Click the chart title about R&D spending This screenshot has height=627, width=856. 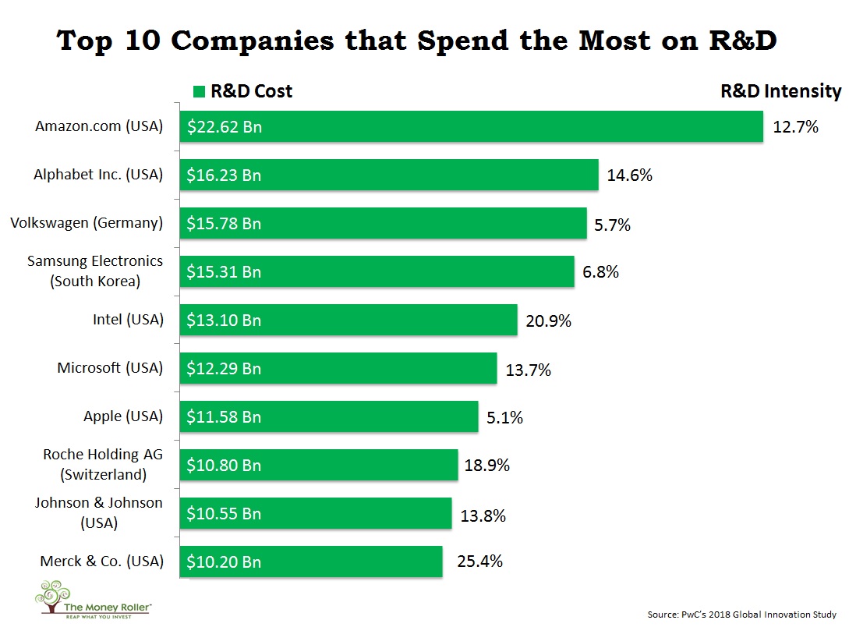[417, 41]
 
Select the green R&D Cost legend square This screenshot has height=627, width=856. [199, 92]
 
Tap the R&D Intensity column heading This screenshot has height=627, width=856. [780, 91]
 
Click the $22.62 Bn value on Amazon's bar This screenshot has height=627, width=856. [225, 127]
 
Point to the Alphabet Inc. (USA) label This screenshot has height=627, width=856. [98, 175]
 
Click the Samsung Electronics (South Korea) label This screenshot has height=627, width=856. [95, 271]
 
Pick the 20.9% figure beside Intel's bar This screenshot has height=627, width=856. [549, 321]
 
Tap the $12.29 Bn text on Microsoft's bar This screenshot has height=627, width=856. [225, 368]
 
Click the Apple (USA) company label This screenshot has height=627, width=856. [123, 416]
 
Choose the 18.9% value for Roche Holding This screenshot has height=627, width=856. [487, 466]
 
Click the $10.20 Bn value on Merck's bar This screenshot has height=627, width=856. [225, 561]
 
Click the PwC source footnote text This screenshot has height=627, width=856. [741, 615]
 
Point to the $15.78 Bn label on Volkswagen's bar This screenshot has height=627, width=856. [225, 224]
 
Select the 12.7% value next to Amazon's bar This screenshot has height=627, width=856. [795, 127]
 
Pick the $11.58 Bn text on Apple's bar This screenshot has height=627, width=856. [225, 416]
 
